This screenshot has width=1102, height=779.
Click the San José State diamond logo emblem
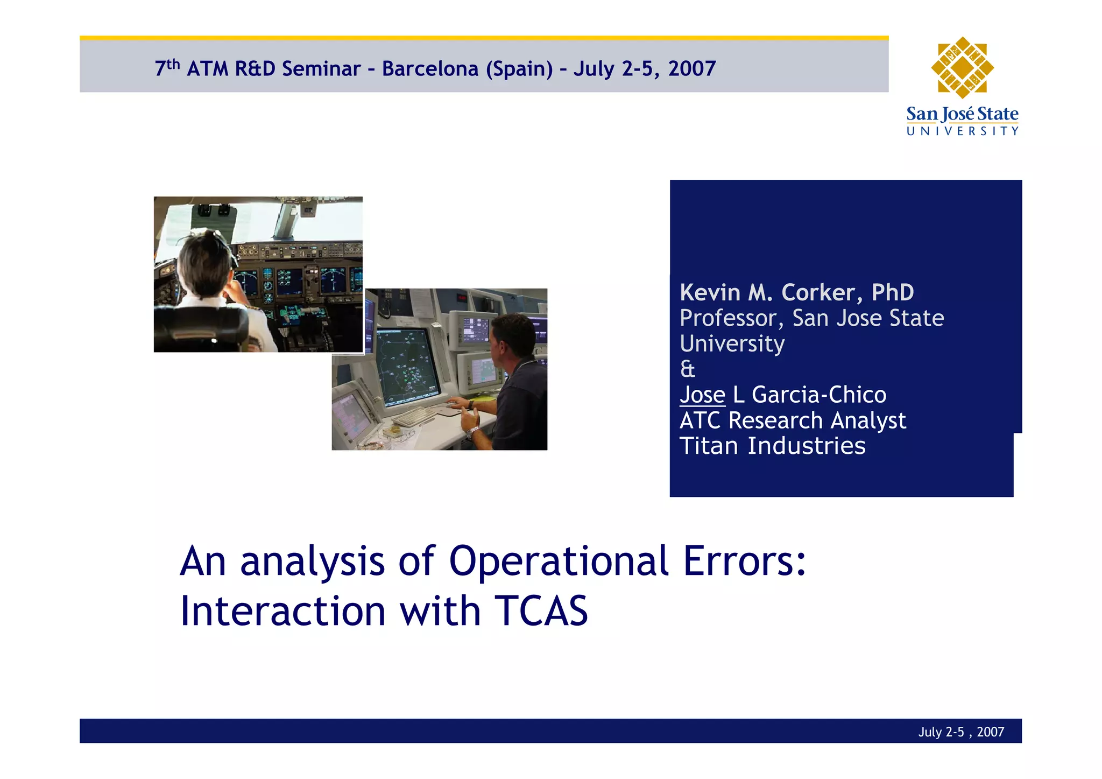point(962,68)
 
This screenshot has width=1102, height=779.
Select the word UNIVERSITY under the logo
point(962,131)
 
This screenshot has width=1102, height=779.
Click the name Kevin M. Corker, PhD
point(796,292)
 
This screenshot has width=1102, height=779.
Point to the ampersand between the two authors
point(687,369)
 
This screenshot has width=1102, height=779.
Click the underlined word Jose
point(702,395)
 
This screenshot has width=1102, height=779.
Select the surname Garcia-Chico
point(818,395)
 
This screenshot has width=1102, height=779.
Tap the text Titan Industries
point(772,446)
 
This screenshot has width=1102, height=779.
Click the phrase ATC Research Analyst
point(793,420)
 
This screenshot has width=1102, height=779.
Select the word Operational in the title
point(559,561)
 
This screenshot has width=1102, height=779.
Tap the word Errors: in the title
point(745,561)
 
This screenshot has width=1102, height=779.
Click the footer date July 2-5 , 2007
point(960,732)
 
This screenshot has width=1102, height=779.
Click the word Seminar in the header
point(321,69)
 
